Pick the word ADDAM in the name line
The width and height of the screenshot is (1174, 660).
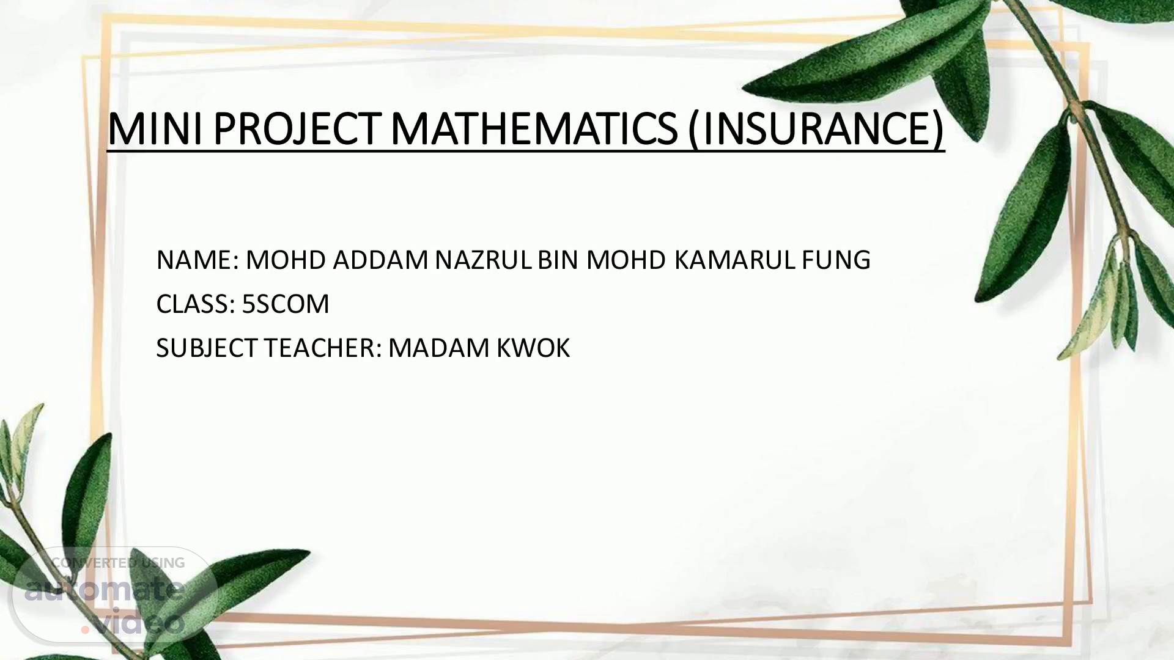coord(380,260)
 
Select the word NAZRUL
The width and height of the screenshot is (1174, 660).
coord(484,260)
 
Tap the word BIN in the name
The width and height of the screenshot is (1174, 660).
coord(558,260)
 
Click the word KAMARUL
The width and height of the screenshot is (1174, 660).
coord(736,260)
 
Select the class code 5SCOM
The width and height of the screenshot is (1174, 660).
coord(286,304)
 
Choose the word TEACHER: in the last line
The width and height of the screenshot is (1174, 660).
coord(323,348)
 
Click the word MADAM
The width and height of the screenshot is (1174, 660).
coord(439,348)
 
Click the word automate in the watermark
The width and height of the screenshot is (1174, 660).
coord(105,590)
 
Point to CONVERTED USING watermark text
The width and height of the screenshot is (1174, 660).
coord(118,563)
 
